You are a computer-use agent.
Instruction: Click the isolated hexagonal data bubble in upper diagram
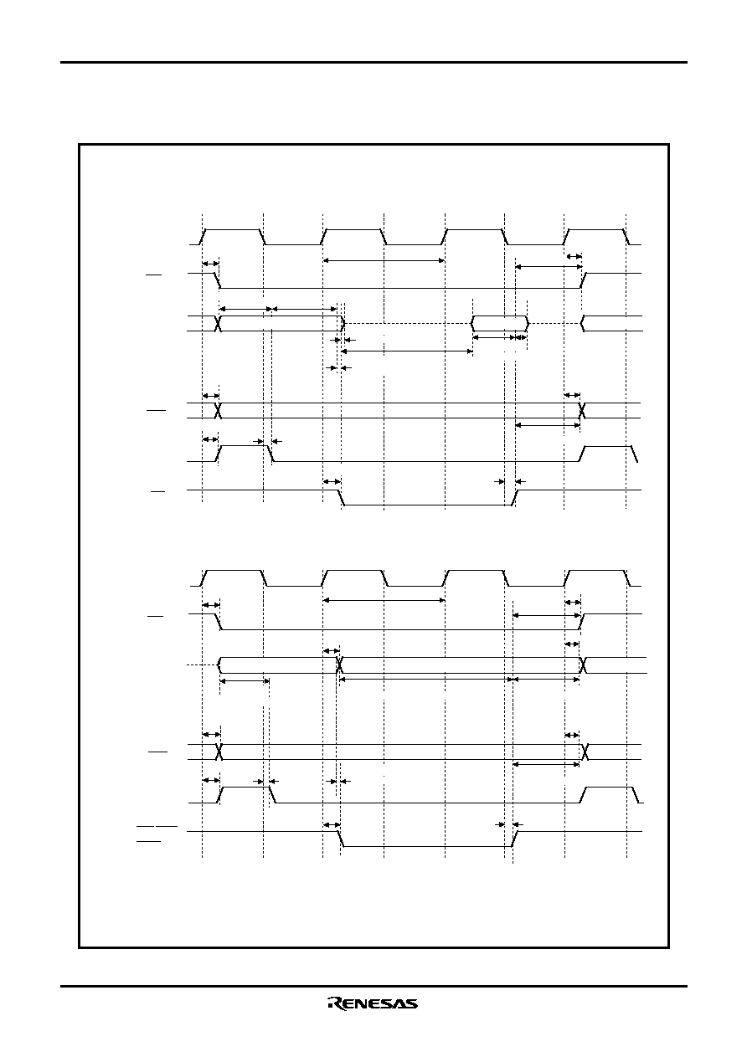click(500, 323)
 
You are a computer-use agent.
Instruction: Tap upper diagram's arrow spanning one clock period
click(384, 260)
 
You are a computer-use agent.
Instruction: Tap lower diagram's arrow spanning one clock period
click(384, 600)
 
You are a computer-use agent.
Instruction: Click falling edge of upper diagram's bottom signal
click(342, 497)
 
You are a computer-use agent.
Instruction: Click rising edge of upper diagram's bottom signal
click(516, 497)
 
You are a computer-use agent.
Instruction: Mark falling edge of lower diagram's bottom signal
click(341, 839)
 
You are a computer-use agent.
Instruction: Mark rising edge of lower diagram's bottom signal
click(515, 839)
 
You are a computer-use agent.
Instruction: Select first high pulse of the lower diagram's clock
click(234, 578)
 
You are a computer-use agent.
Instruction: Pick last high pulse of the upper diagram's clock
click(596, 237)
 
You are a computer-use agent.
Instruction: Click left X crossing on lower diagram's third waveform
click(339, 664)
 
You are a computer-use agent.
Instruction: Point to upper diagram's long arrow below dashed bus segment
click(406, 351)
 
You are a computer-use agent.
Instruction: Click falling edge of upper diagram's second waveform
click(218, 280)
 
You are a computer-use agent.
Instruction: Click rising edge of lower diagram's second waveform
click(582, 622)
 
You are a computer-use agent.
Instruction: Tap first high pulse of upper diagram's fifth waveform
click(245, 453)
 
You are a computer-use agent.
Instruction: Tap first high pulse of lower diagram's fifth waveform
click(245, 795)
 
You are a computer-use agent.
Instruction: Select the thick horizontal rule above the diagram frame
click(373, 62)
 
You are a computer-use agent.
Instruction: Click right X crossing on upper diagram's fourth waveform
click(582, 411)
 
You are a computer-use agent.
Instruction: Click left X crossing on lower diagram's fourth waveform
click(219, 752)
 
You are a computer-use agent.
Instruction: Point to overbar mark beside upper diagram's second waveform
click(154, 275)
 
